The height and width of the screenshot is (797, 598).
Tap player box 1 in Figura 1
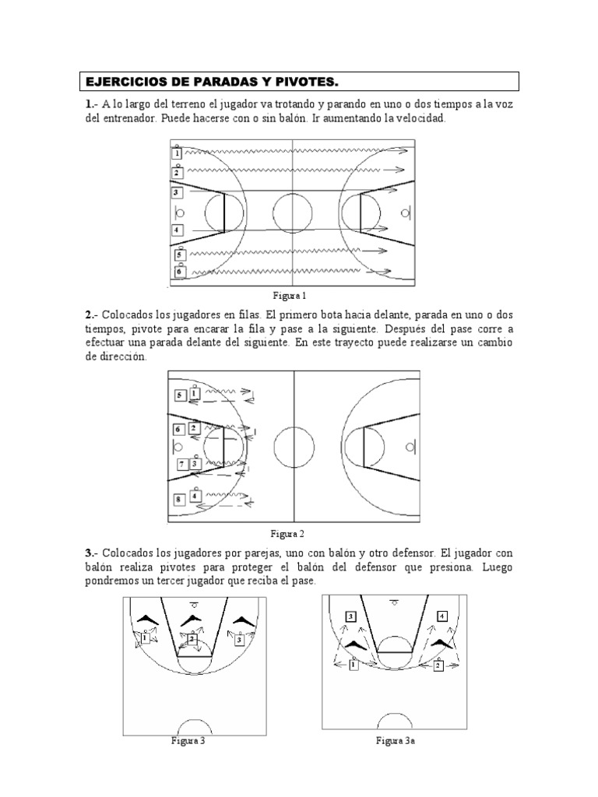pyautogui.click(x=177, y=154)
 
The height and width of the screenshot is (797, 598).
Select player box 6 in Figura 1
pyautogui.click(x=180, y=272)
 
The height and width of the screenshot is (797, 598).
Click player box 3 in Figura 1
pyautogui.click(x=177, y=192)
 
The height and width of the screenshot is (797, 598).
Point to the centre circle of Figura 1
pyautogui.click(x=292, y=211)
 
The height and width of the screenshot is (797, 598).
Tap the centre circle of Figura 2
pyautogui.click(x=294, y=447)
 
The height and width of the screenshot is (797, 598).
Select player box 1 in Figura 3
pyautogui.click(x=145, y=638)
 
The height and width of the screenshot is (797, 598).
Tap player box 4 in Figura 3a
pyautogui.click(x=442, y=616)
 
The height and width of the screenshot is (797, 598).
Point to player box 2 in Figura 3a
pyautogui.click(x=438, y=665)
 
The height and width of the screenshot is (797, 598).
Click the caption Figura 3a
pyautogui.click(x=395, y=742)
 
